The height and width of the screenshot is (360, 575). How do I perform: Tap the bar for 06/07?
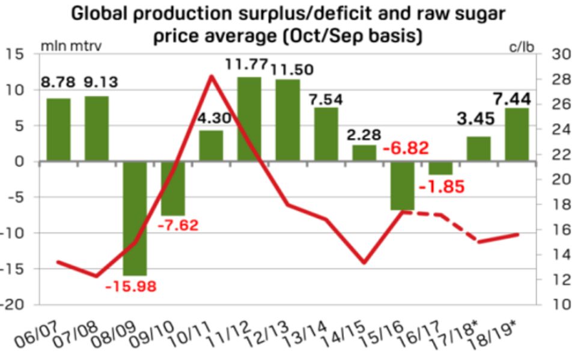[58, 130]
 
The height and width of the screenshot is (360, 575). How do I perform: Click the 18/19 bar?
[516, 135]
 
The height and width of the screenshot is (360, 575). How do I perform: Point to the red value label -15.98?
[130, 286]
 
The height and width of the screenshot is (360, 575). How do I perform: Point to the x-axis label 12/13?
[281, 328]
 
